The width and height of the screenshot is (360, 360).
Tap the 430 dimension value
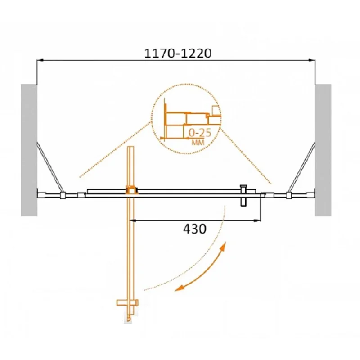coord(194,229)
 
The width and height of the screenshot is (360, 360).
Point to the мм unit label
coord(197,142)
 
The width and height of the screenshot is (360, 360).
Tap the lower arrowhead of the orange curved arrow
coord(178,288)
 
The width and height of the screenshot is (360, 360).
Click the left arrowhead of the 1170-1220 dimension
coord(39,60)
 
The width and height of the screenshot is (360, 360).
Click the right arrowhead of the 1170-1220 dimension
coord(312,60)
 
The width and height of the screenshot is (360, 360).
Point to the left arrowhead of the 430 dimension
coord(132,220)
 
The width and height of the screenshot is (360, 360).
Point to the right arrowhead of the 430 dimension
coord(258,220)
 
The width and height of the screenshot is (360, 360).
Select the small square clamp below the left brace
coord(62,195)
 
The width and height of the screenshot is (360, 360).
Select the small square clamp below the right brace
coord(288,195)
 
